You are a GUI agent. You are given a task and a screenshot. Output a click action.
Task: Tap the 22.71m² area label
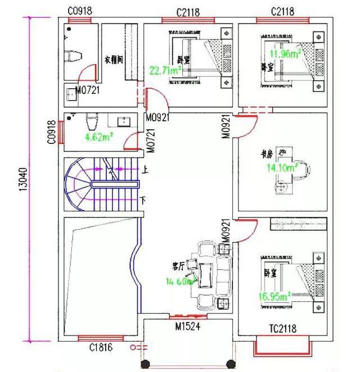coord(164,71)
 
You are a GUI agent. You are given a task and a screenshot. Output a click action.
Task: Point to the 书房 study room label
coord(266,153)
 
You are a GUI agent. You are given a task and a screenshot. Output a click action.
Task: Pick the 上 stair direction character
coord(146,169)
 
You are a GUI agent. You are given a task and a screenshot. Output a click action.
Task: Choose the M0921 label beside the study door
coord(225,127)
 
